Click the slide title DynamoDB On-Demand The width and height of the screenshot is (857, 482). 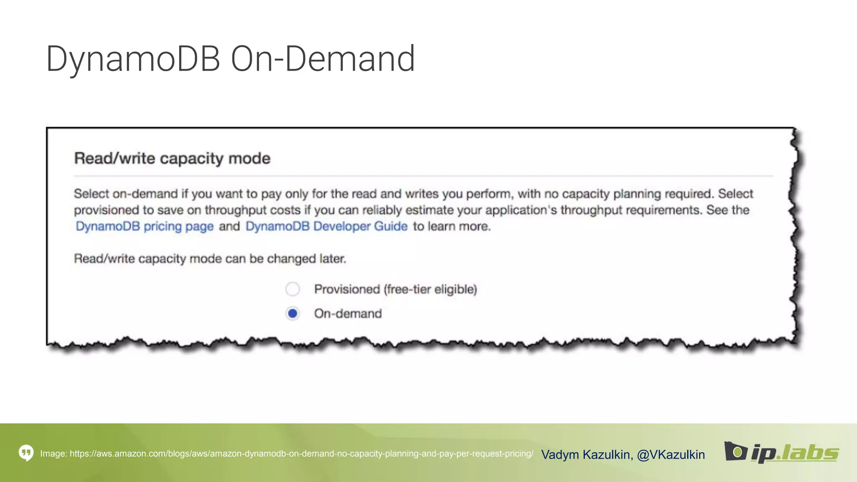click(230, 59)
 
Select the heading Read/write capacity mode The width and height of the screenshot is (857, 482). click(172, 159)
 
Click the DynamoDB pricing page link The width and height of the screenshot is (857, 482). click(144, 226)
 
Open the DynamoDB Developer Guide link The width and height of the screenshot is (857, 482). click(326, 226)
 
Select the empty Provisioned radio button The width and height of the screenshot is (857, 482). click(293, 289)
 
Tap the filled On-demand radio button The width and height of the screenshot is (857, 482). click(293, 313)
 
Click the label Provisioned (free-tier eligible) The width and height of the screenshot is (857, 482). click(395, 289)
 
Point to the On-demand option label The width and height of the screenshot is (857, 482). click(348, 313)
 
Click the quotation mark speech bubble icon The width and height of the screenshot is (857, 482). click(26, 453)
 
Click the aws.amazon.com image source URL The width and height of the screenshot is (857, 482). click(301, 454)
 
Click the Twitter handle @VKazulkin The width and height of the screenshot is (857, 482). click(671, 454)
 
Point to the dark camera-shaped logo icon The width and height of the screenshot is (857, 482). click(735, 451)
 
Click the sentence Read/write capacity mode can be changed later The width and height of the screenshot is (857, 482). click(210, 259)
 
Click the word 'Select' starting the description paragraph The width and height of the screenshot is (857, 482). click(91, 194)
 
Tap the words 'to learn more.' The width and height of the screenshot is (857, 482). click(452, 226)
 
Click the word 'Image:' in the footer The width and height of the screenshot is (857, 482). click(54, 454)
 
